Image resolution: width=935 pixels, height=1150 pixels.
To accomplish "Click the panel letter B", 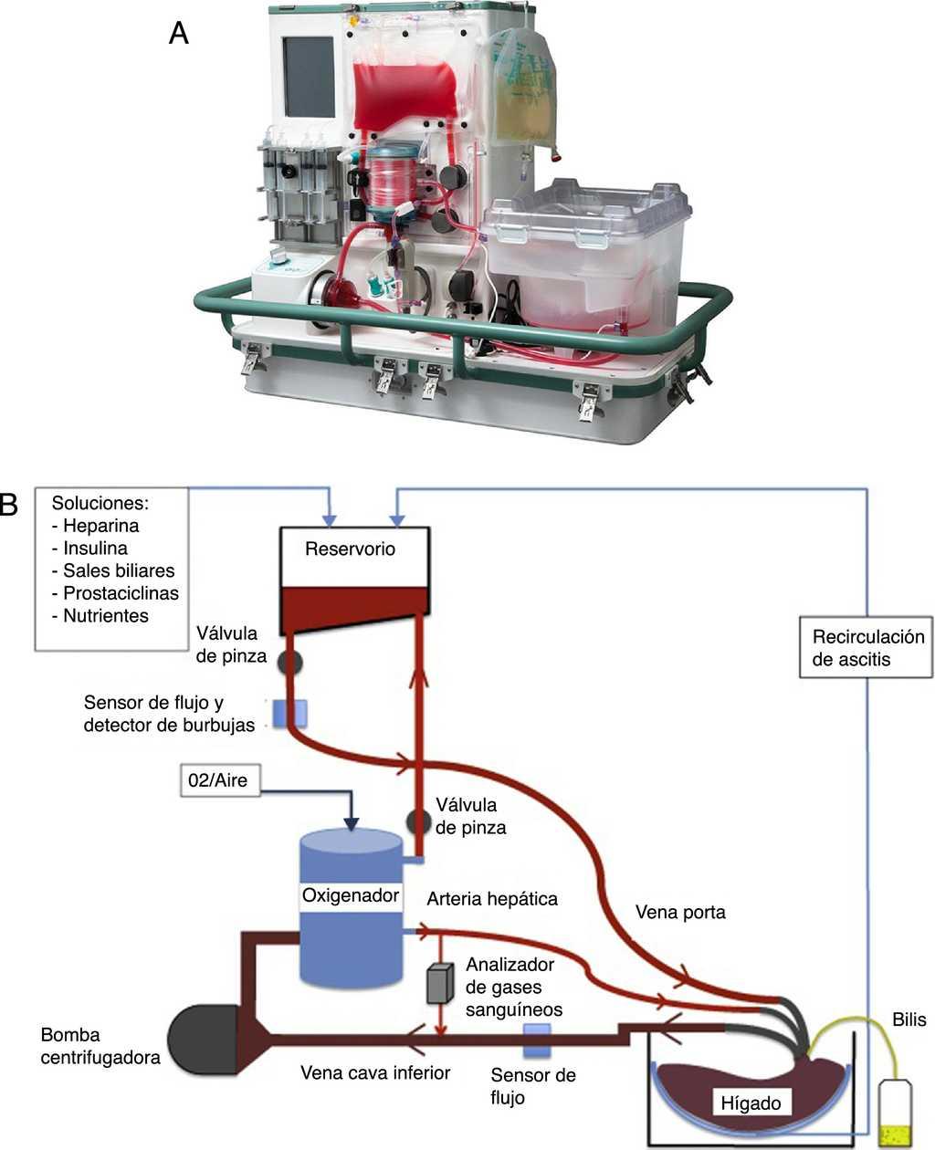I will point(8,505).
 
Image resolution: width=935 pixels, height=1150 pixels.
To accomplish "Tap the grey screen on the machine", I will point(309,78).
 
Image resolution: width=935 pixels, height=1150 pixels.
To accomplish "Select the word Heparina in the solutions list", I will point(100,526).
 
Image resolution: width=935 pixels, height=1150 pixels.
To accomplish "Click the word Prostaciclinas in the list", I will point(121,593).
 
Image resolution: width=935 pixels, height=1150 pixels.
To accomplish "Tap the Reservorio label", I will point(351,549).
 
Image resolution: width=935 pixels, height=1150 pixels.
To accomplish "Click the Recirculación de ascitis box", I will point(868,648).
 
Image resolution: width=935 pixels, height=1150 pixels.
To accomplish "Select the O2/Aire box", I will point(218,781).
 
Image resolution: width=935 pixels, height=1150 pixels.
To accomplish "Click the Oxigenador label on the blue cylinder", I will point(351,895).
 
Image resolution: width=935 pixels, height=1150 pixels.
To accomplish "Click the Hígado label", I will point(751,1103).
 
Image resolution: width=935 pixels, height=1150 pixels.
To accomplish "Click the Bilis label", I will point(909,1020).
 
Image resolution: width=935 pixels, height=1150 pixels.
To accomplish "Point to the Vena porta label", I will point(680,912).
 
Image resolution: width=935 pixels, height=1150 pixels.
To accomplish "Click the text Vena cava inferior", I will point(375,1073).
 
